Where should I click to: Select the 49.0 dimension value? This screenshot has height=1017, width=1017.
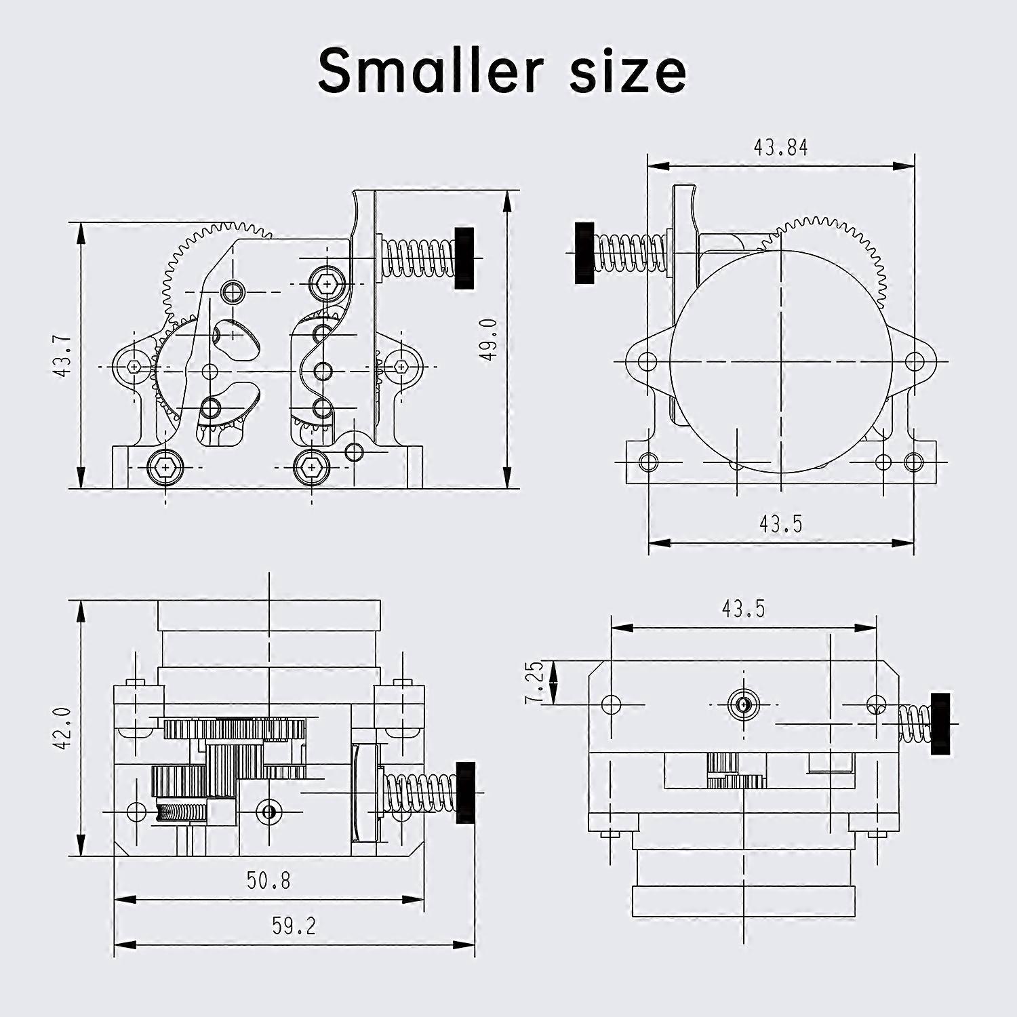click(490, 340)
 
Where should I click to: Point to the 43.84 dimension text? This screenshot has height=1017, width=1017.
click(781, 147)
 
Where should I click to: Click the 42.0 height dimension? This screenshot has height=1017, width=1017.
click(62, 729)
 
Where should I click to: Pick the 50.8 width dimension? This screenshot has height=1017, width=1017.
click(268, 880)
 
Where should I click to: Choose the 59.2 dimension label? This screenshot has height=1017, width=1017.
click(294, 925)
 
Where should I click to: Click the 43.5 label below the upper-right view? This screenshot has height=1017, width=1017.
click(781, 523)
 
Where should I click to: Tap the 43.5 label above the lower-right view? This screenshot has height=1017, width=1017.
click(743, 608)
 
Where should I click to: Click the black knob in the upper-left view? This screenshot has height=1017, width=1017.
click(464, 258)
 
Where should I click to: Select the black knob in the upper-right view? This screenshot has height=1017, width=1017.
click(584, 253)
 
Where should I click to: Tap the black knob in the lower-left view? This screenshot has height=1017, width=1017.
click(465, 792)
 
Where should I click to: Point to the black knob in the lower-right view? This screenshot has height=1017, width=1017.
click(940, 723)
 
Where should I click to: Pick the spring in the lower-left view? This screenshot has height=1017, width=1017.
click(420, 793)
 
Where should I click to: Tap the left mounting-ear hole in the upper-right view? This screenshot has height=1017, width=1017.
click(647, 361)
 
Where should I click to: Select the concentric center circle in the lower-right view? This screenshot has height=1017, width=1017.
click(744, 705)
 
